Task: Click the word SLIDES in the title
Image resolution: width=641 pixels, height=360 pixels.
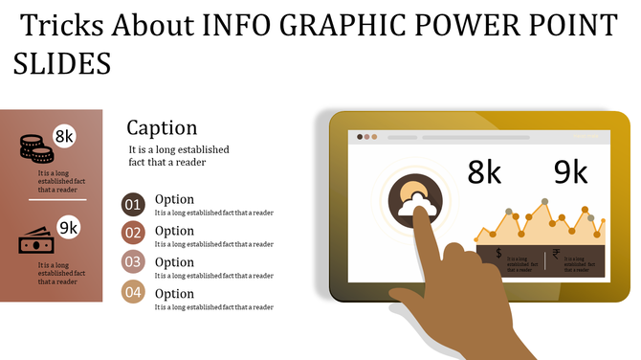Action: pyautogui.click(x=62, y=64)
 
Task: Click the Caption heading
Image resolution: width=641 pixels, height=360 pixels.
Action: pyautogui.click(x=162, y=128)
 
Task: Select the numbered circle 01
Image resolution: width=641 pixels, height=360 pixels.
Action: pyautogui.click(x=133, y=204)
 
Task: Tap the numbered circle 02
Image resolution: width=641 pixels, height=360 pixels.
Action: pyautogui.click(x=133, y=233)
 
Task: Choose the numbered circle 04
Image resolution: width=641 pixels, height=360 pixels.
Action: pyautogui.click(x=133, y=293)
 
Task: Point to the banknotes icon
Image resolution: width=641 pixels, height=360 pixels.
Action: pyautogui.click(x=35, y=242)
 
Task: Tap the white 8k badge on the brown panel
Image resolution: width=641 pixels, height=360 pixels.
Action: pyautogui.click(x=65, y=137)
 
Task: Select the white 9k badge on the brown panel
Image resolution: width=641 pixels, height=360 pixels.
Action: pyautogui.click(x=68, y=228)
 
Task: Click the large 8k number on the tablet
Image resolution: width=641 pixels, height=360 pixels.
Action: pyautogui.click(x=485, y=172)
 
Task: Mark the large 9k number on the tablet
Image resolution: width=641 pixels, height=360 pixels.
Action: pyautogui.click(x=570, y=172)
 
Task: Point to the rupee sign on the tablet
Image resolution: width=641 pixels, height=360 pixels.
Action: pyautogui.click(x=556, y=255)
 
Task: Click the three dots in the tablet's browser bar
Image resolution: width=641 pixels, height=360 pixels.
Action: pyautogui.click(x=366, y=137)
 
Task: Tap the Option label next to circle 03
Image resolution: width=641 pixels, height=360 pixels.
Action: pyautogui.click(x=174, y=261)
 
